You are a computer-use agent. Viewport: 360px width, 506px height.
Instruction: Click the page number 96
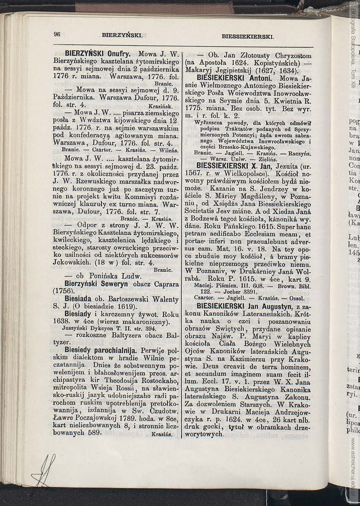[x=57, y=35]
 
